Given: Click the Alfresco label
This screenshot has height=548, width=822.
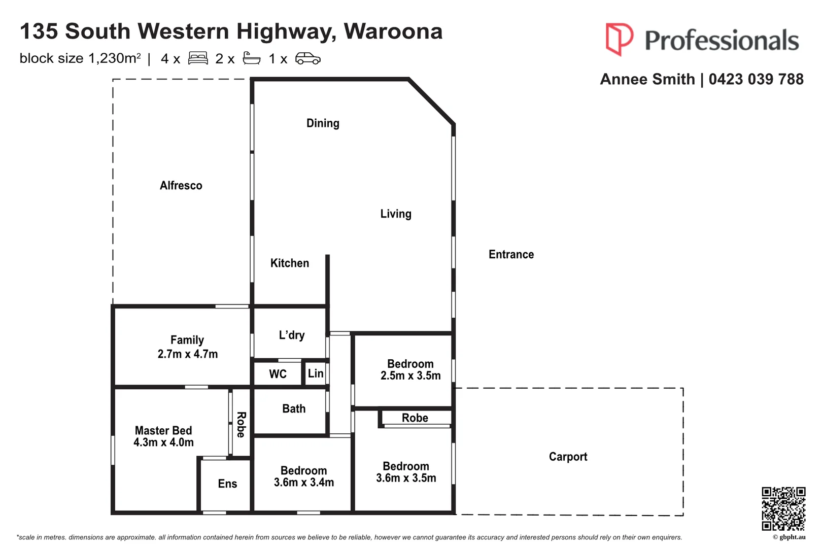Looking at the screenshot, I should coord(181,186).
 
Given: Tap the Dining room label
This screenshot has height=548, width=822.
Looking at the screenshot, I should coord(323,123).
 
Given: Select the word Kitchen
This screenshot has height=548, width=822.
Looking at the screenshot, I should coord(289,263).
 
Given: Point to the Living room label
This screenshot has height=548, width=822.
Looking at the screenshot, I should coord(396,214).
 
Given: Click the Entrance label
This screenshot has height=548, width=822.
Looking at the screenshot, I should coord(511,255).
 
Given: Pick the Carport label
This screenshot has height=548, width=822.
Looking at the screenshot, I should coord(568,457).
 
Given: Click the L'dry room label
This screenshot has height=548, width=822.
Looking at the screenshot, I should coord(292,335).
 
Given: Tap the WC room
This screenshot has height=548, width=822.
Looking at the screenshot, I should coord(278,374).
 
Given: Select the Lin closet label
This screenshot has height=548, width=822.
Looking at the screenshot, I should coord(316,374).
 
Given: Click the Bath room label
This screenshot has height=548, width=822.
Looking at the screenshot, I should coord(294,409).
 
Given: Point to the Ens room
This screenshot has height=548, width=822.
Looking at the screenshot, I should coord(227,484).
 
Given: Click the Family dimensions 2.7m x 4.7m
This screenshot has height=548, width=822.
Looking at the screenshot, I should coord(187,354).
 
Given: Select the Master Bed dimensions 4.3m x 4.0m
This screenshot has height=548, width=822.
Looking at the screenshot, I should coord(163,442).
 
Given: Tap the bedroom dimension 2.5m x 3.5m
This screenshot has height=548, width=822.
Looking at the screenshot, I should coord(410,376).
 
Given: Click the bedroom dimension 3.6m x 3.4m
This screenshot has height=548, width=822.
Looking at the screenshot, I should coord(304,483).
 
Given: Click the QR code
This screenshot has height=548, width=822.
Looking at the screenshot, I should coord(783,508).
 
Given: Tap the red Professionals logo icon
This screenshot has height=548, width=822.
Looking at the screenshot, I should coord(619,39).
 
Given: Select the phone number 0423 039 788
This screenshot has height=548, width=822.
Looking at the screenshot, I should coord(756,80).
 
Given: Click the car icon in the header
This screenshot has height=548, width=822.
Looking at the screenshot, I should coord(307,59).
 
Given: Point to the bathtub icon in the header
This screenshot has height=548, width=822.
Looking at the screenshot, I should coord(252,59).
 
